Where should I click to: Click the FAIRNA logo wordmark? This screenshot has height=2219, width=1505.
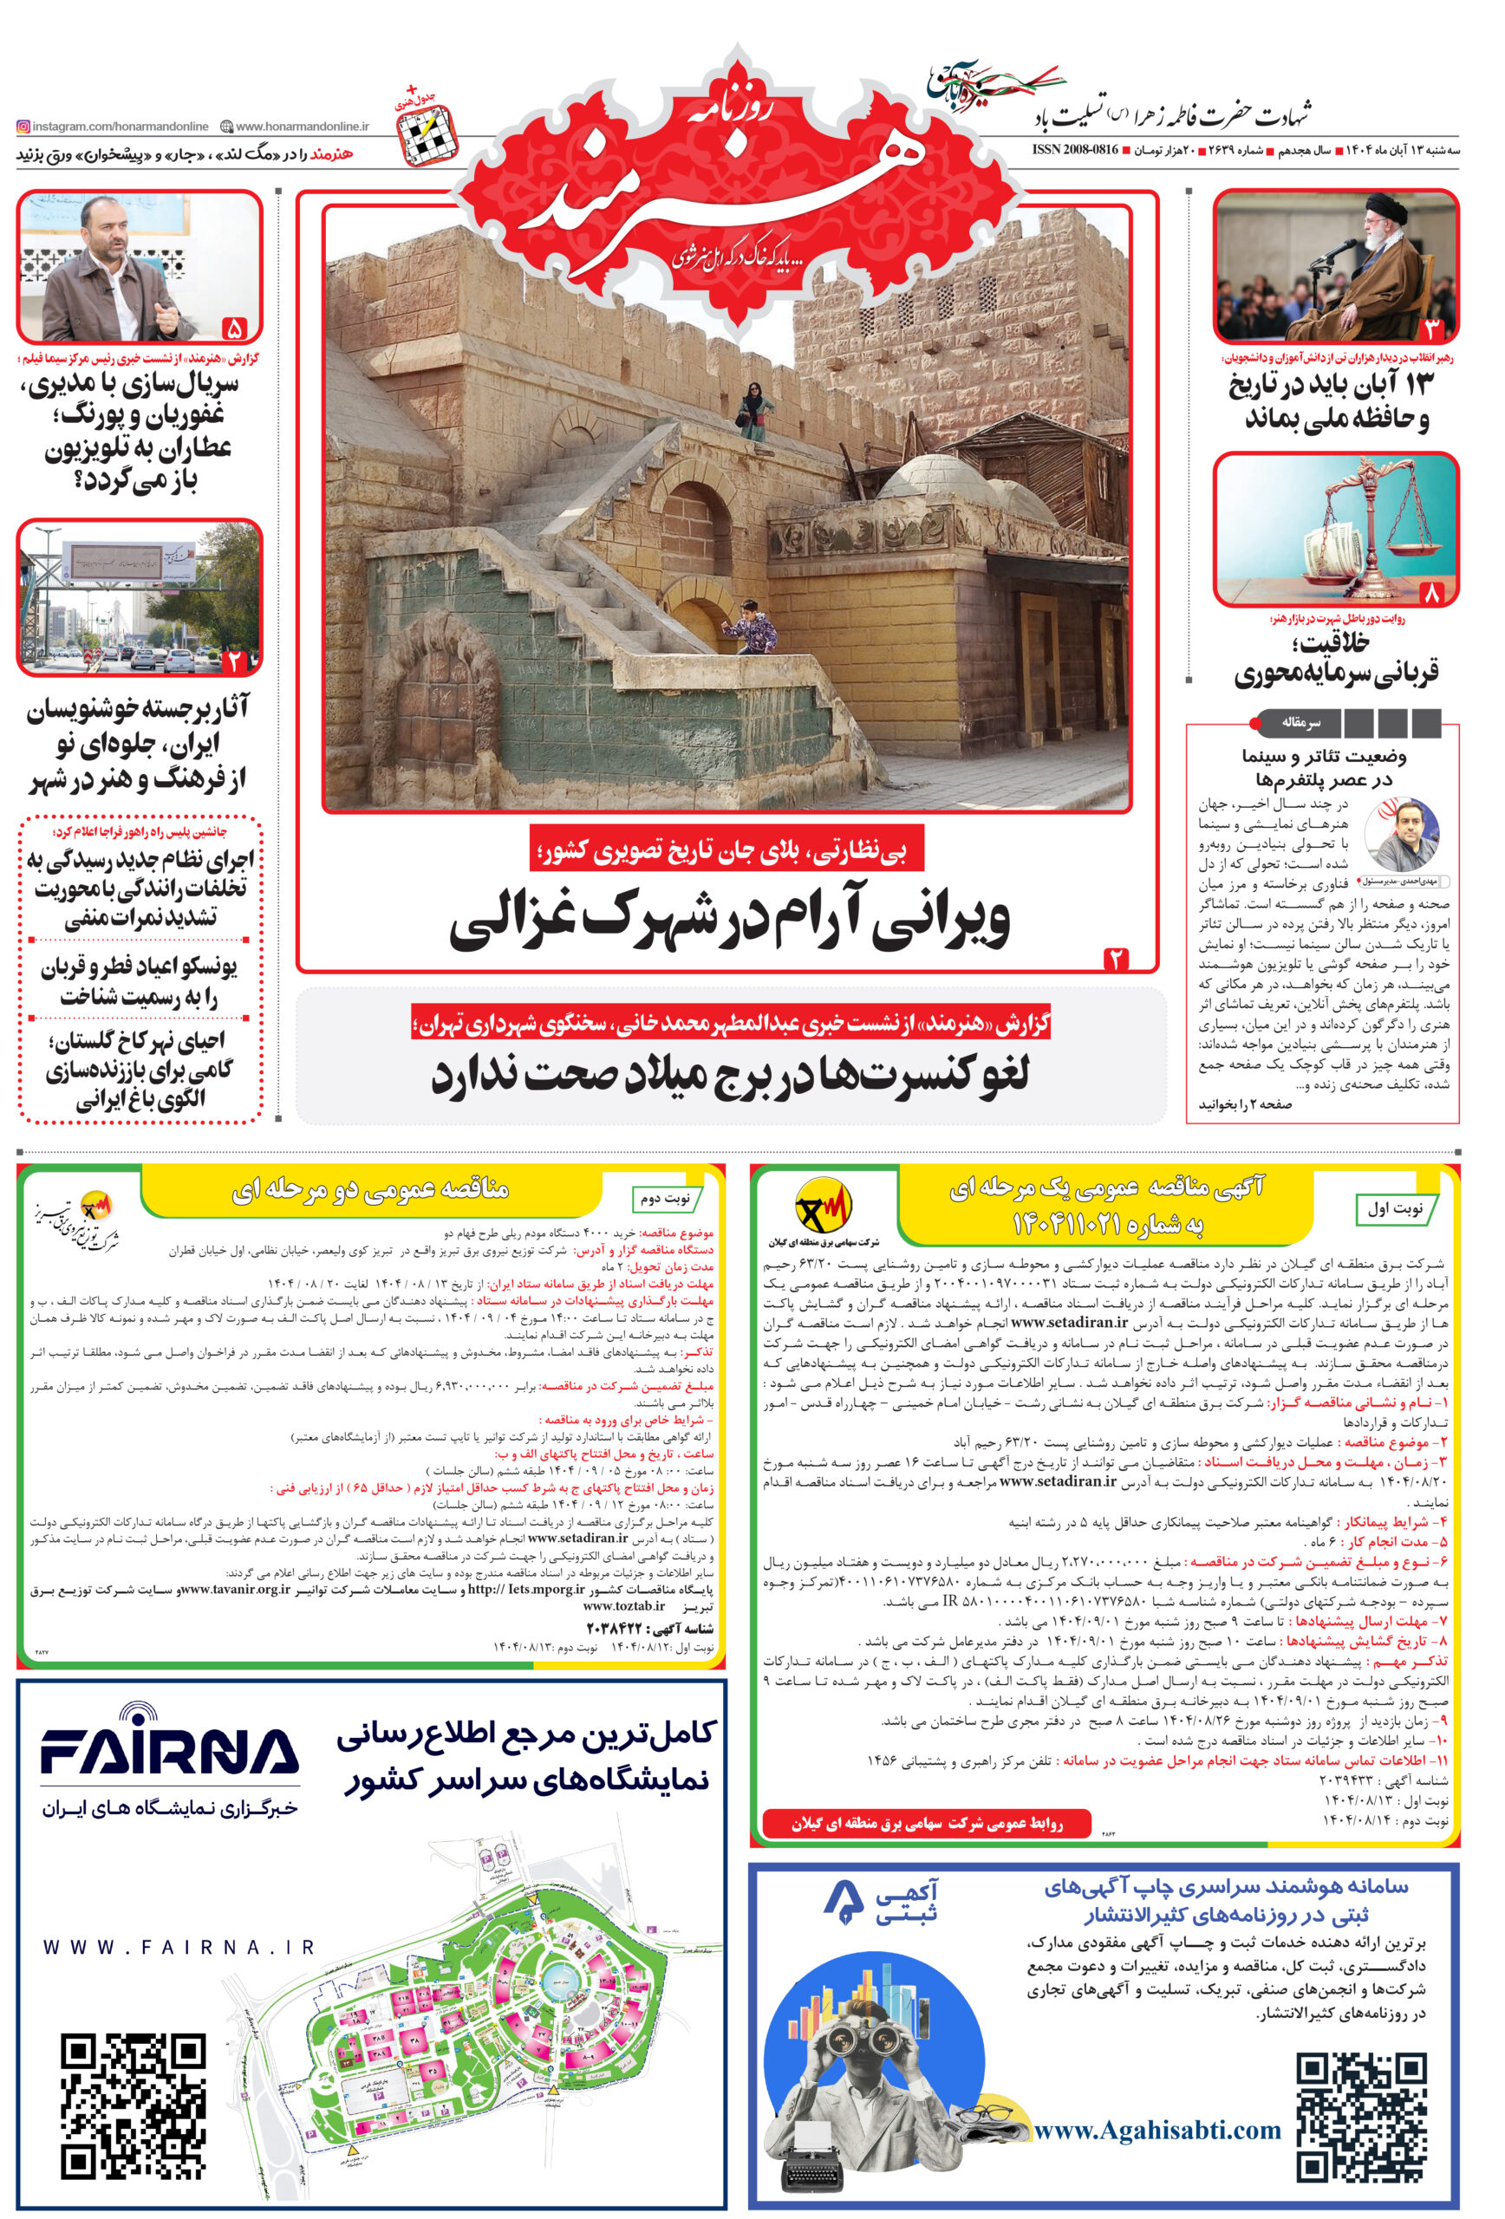(168, 1749)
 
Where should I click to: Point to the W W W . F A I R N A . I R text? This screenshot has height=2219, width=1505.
(179, 1947)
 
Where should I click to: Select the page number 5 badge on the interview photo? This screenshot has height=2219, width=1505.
(234, 329)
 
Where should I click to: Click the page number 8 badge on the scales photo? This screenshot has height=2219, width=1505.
(1431, 593)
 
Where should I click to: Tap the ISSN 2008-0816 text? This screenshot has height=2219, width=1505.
(1074, 151)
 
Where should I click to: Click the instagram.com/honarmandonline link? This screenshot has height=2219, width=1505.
(113, 126)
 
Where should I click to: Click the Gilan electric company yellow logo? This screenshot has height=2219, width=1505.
(824, 1207)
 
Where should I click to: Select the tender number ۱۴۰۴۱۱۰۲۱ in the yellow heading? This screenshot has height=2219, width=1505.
(1107, 1223)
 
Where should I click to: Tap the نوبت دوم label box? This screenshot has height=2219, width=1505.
(665, 1197)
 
